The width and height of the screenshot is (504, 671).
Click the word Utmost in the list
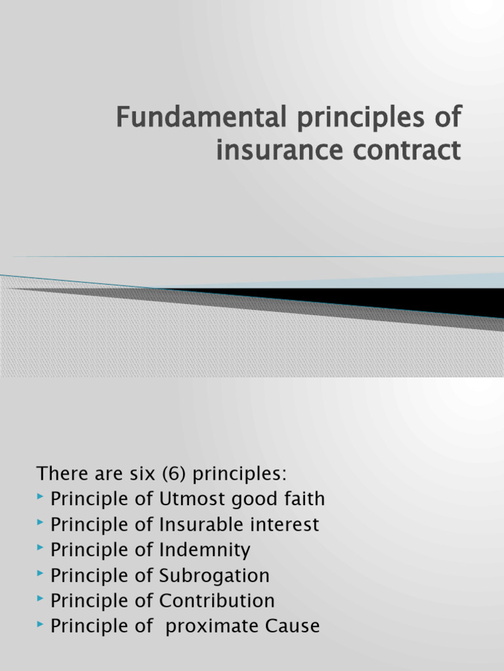pyautogui.click(x=188, y=499)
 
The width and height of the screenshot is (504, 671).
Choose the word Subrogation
pyautogui.click(x=214, y=576)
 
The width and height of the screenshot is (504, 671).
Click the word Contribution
pyautogui.click(x=217, y=601)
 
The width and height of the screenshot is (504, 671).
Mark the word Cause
pyautogui.click(x=292, y=626)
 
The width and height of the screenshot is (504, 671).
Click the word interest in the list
pyautogui.click(x=288, y=525)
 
